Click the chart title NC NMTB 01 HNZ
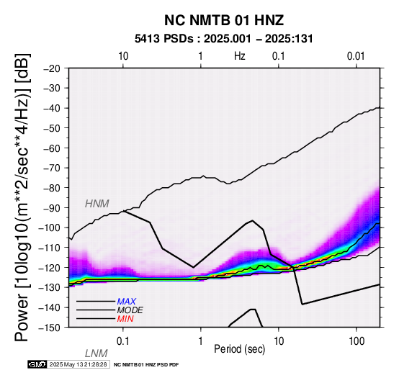click(x=224, y=20)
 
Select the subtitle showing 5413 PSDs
click(x=224, y=39)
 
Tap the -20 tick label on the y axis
click(x=52, y=68)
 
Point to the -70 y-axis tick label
click(x=52, y=168)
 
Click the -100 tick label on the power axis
click(x=50, y=227)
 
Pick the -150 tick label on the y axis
click(x=50, y=328)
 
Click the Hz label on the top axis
click(x=240, y=56)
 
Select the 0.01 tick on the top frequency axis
click(x=356, y=56)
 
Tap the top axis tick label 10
click(x=123, y=56)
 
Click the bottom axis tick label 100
click(x=357, y=341)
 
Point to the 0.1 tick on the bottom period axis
click(x=123, y=341)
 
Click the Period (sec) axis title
click(x=239, y=349)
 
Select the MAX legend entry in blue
click(x=127, y=302)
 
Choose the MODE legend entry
click(x=130, y=310)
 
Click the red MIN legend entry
click(x=125, y=319)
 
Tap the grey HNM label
click(x=97, y=204)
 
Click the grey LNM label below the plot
click(x=97, y=353)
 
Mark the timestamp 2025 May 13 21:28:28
click(x=78, y=364)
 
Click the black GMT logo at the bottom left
click(x=37, y=364)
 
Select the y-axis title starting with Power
click(x=22, y=197)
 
